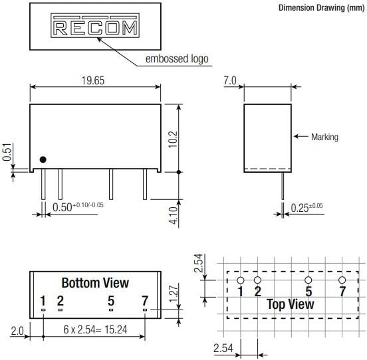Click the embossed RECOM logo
(x=95, y=28)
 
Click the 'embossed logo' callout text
(x=176, y=59)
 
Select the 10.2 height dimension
(x=173, y=137)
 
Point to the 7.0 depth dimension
(x=231, y=80)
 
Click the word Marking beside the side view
(x=324, y=137)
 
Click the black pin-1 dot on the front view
(x=43, y=159)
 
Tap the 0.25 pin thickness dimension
(x=306, y=208)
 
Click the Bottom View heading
(x=95, y=283)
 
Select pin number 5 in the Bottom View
(x=112, y=301)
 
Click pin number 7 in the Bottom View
(x=144, y=301)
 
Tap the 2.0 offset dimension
(x=17, y=330)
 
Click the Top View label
(x=291, y=305)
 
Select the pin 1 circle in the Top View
(x=241, y=280)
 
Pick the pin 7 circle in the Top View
(x=342, y=280)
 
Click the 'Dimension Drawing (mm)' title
(x=320, y=8)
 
